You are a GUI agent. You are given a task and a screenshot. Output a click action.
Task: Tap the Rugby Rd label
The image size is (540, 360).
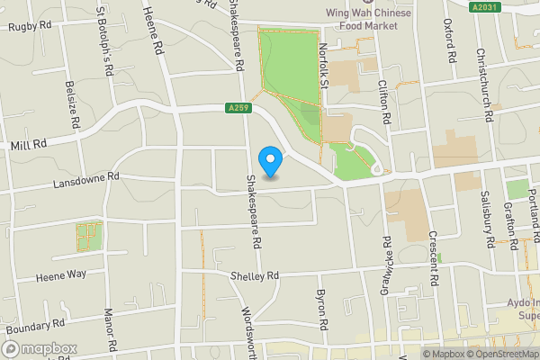[30, 27]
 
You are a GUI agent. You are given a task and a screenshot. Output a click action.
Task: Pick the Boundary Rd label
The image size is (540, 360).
[33, 326]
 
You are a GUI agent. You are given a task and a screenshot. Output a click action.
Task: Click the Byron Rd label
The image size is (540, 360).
[319, 309]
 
